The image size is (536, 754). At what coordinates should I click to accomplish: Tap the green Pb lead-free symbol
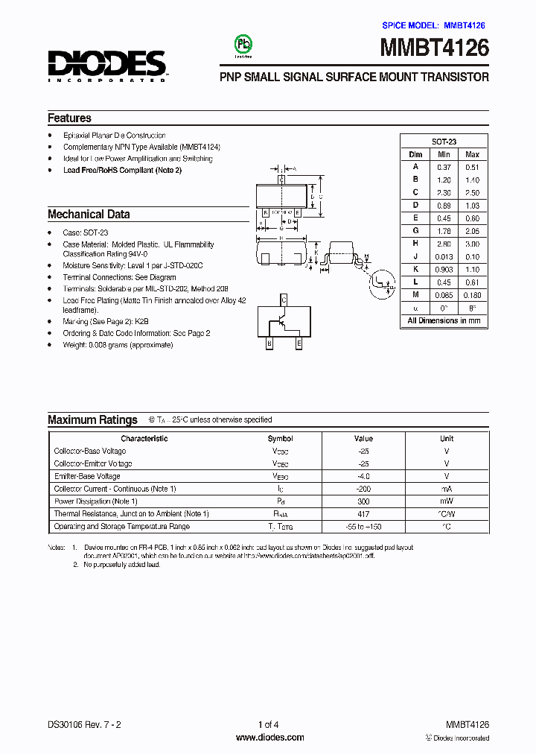(x=242, y=44)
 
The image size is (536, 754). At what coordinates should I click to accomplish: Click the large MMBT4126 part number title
(x=435, y=48)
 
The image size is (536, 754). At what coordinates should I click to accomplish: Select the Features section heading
(x=70, y=118)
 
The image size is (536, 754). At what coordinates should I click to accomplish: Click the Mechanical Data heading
(x=89, y=215)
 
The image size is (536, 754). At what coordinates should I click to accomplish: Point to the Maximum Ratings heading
(x=92, y=420)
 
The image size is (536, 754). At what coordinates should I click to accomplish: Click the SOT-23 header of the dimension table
(x=444, y=142)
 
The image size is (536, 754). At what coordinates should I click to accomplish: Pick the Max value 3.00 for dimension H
(x=472, y=244)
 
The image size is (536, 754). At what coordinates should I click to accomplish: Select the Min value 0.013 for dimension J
(x=444, y=256)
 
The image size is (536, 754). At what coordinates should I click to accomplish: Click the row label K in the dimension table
(x=415, y=269)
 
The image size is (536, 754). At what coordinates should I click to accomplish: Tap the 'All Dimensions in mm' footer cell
(x=444, y=320)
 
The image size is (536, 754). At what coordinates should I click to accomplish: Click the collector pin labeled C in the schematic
(x=284, y=300)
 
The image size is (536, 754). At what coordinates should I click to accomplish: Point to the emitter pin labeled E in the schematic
(x=299, y=343)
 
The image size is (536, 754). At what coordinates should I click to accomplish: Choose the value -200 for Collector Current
(x=363, y=489)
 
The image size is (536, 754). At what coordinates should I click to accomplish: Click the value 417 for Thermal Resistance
(x=363, y=514)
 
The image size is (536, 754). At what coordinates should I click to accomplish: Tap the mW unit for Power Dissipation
(x=447, y=501)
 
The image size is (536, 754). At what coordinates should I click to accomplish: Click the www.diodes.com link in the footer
(x=269, y=738)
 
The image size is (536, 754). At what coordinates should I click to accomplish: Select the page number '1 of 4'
(x=269, y=725)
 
